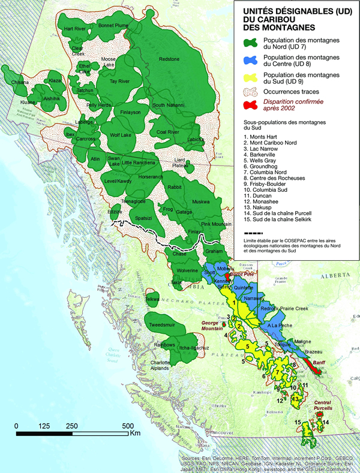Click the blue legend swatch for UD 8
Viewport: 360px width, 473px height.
click(250, 61)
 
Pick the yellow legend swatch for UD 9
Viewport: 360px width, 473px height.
click(250, 77)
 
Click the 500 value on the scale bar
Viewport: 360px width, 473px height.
click(127, 426)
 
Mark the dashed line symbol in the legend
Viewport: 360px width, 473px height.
click(250, 234)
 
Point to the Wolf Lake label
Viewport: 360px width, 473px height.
click(122, 135)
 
